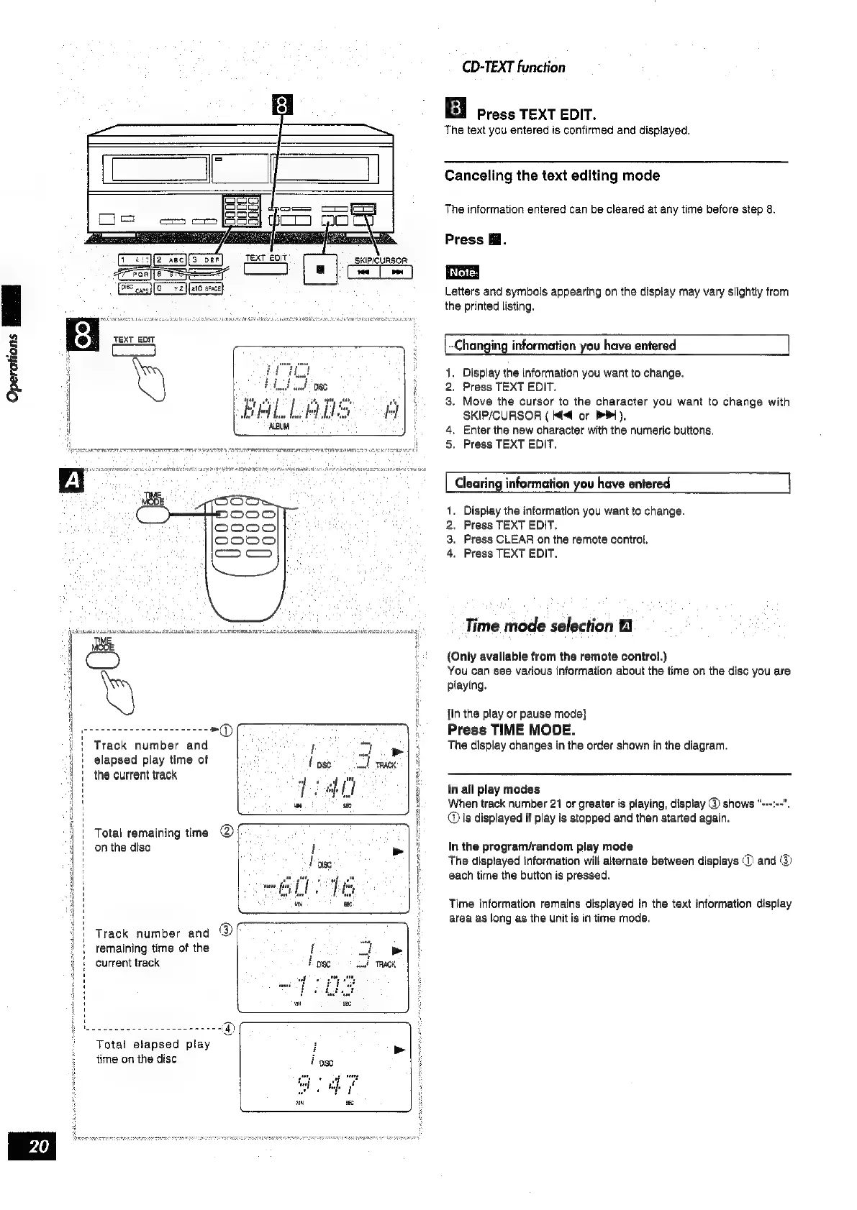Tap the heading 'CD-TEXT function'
[514, 68]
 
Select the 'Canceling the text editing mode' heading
[552, 176]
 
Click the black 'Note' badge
[461, 272]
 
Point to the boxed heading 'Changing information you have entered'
[565, 346]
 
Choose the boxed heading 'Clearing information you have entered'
[562, 484]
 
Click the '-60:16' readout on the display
[314, 890]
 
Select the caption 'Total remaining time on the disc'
[151, 840]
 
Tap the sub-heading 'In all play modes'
[494, 789]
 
